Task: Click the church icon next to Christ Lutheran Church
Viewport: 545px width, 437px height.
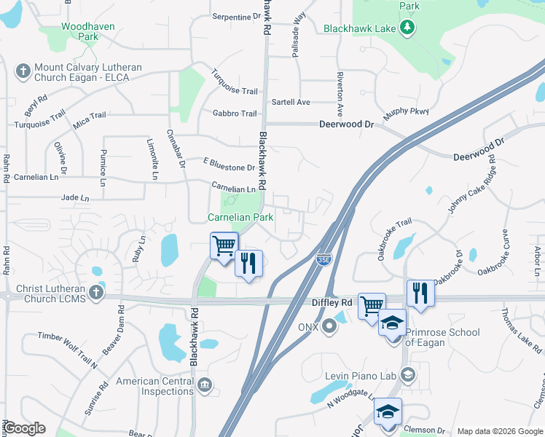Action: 96,293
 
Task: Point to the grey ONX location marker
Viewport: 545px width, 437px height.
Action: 329,326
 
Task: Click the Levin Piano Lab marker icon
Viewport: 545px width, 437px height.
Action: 407,375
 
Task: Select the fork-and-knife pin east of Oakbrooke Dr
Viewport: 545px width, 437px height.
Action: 420,292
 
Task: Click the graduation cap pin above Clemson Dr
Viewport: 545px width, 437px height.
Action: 388,412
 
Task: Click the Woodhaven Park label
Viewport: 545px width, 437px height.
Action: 79,31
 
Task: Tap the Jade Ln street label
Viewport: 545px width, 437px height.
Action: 75,197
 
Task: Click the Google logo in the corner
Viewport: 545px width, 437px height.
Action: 25,428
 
